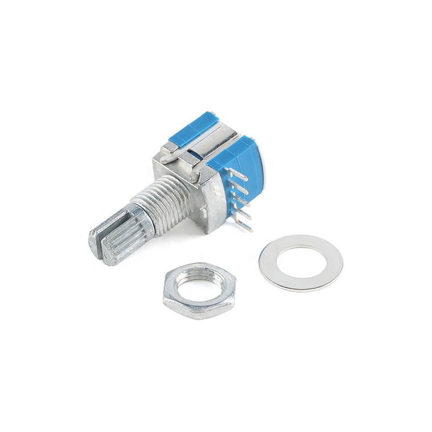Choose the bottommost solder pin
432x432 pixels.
246,228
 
